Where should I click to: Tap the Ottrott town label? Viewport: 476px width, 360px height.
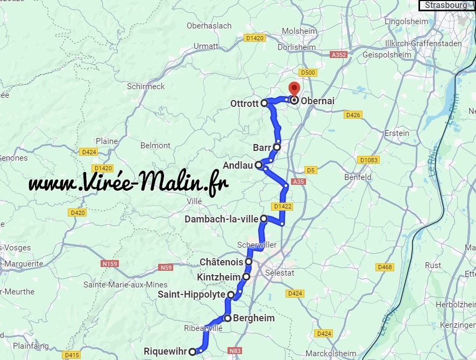pyautogui.click(x=244, y=103)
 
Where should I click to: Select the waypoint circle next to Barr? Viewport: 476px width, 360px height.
pyautogui.click(x=277, y=147)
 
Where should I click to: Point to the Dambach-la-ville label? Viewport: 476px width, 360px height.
pyautogui.click(x=222, y=219)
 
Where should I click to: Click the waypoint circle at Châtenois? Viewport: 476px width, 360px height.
pyautogui.click(x=249, y=262)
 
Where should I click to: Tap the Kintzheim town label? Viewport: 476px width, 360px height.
pyautogui.click(x=219, y=277)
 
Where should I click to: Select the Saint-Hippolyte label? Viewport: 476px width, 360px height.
pyautogui.click(x=191, y=294)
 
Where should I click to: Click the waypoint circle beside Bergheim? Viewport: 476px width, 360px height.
pyautogui.click(x=228, y=318)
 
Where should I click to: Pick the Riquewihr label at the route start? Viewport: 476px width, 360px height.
pyautogui.click(x=166, y=352)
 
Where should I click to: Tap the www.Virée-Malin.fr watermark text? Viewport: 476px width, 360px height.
pyautogui.click(x=128, y=183)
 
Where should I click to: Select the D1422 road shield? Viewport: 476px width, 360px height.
pyautogui.click(x=282, y=206)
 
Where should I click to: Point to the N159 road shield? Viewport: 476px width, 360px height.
pyautogui.click(x=109, y=264)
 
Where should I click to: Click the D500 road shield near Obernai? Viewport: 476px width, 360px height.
pyautogui.click(x=308, y=73)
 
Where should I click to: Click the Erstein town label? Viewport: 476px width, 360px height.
pyautogui.click(x=397, y=133)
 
